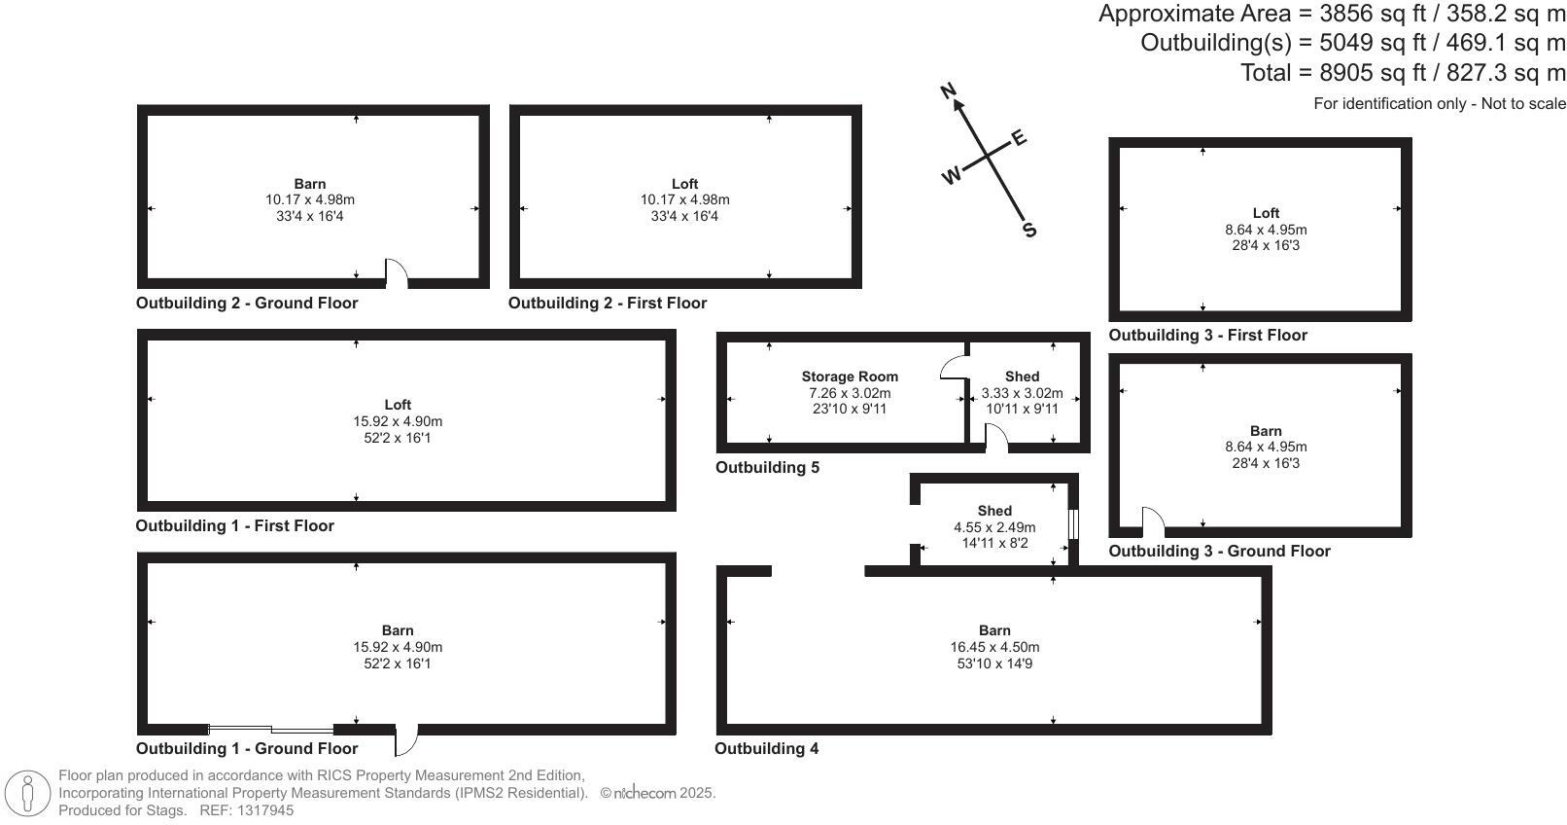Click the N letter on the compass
point(950,91)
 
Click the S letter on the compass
point(1029,231)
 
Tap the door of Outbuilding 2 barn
point(396,274)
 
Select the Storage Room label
point(850,377)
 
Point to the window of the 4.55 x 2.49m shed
point(1074,524)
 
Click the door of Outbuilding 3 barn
point(1153,521)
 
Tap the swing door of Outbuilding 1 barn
point(406,740)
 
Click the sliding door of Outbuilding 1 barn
point(271,730)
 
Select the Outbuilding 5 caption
point(767,468)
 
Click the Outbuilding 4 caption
point(766,749)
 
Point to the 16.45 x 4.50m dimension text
point(994,647)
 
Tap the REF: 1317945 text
point(246,810)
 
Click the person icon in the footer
point(28,794)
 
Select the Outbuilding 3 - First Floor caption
point(1207,336)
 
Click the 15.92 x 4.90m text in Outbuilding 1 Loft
point(398,421)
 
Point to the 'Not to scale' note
point(1523,103)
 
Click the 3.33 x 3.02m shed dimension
point(1022,393)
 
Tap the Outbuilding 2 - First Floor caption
point(607,304)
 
